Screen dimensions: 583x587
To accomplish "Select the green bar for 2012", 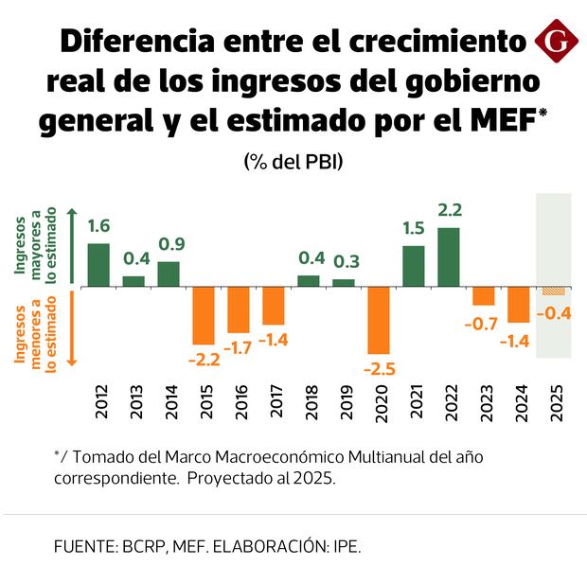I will (x=98, y=264).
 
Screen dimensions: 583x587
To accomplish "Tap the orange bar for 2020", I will (x=379, y=319).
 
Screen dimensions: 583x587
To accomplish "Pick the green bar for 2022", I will (x=449, y=256).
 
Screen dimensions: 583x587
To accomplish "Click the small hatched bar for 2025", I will (x=553, y=290).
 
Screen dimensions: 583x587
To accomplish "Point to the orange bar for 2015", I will (x=204, y=315).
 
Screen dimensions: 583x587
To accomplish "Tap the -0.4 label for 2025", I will (x=553, y=313).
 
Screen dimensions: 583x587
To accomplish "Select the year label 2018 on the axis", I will (x=309, y=404).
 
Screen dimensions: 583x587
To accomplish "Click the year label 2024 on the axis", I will (x=518, y=404).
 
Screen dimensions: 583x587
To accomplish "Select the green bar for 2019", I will (x=344, y=282).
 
